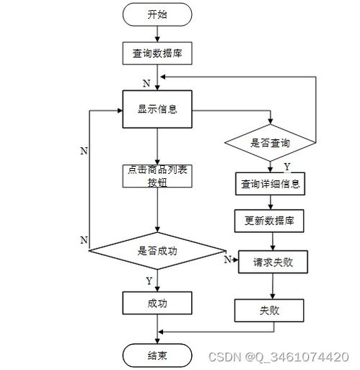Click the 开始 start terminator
(157, 14)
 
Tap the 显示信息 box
(157, 110)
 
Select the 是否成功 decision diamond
(157, 252)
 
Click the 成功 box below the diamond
(157, 303)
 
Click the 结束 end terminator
(157, 355)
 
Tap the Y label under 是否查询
(277, 167)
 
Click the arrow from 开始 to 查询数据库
(157, 32)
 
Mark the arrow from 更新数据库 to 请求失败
(271, 241)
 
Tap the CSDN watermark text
(278, 357)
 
